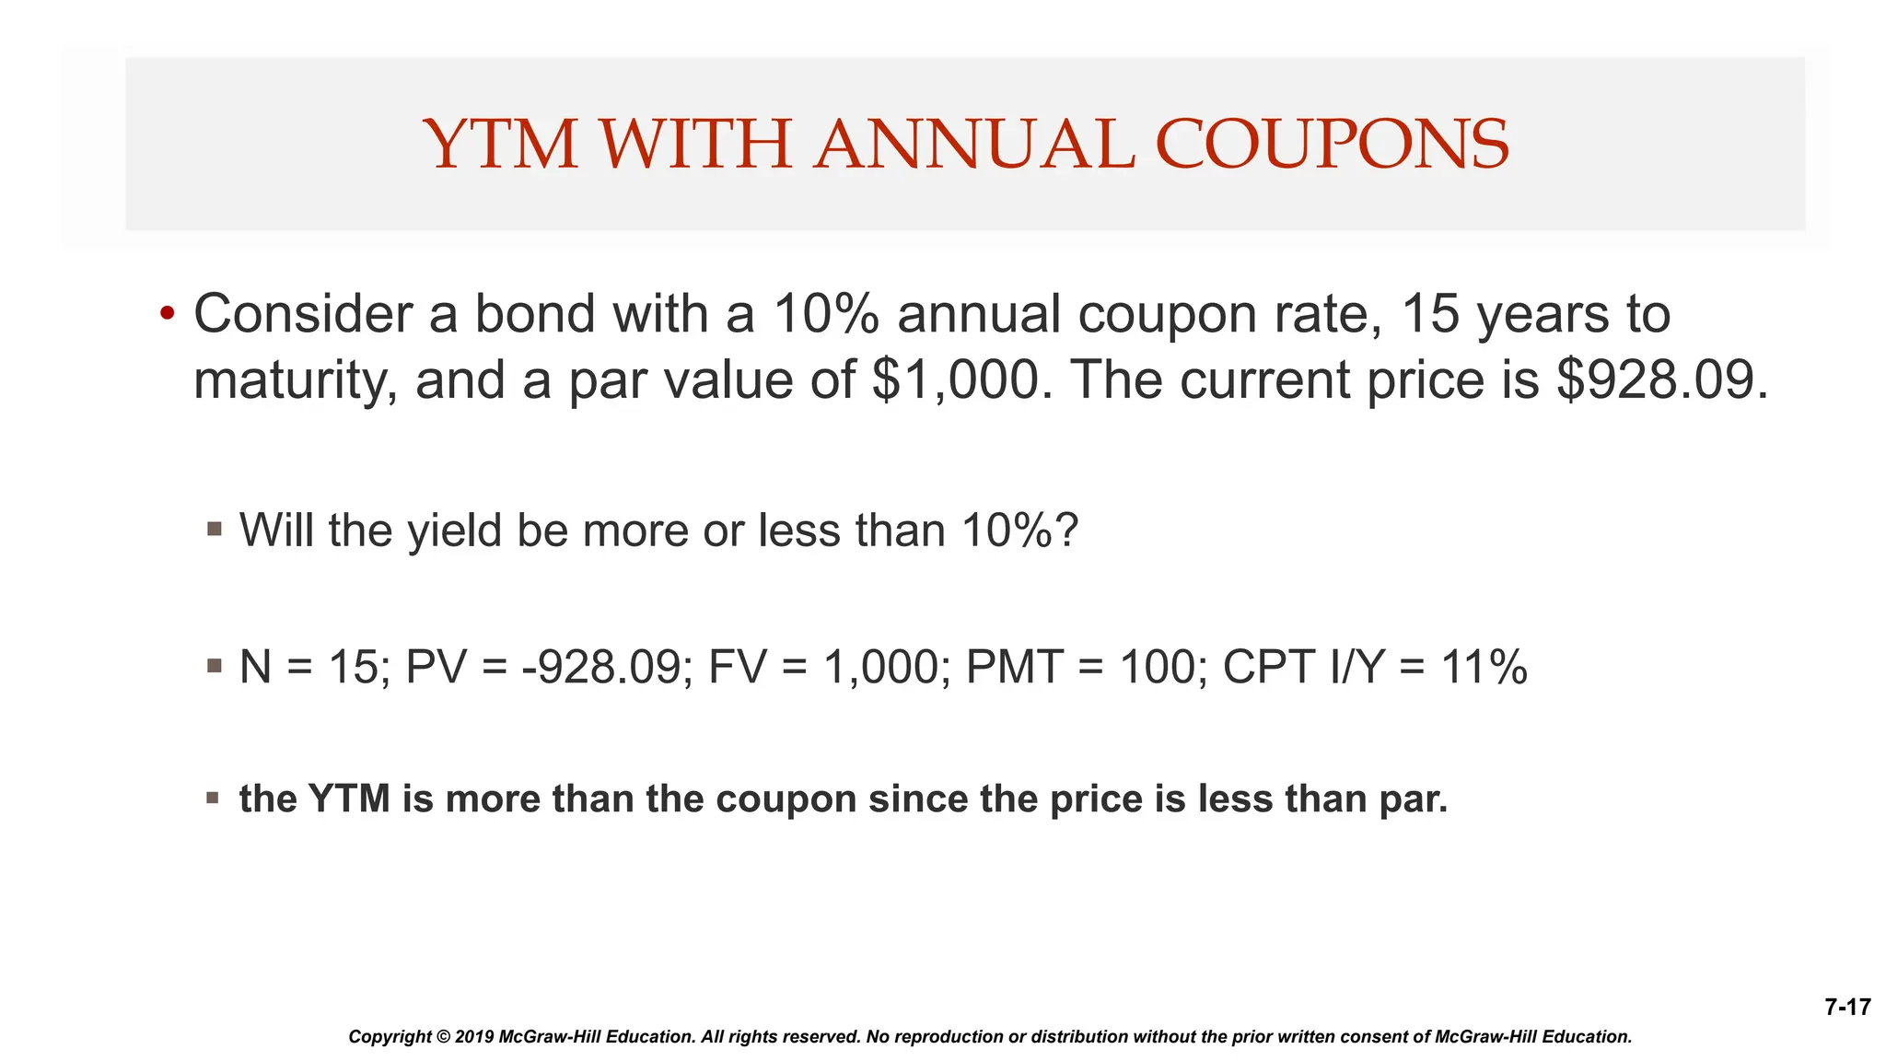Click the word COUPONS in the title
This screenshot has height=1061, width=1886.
click(1332, 145)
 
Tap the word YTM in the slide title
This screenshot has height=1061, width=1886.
click(501, 145)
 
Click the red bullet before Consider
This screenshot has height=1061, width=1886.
click(167, 313)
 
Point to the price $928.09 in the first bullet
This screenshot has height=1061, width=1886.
click(1661, 379)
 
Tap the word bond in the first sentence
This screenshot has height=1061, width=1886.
click(534, 313)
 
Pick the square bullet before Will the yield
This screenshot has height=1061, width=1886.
click(215, 529)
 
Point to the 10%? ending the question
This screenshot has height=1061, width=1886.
click(1019, 530)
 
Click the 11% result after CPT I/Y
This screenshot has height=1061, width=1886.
click(1484, 667)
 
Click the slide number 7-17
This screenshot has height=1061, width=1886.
click(1847, 1007)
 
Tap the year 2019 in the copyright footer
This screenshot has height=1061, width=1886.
click(473, 1037)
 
